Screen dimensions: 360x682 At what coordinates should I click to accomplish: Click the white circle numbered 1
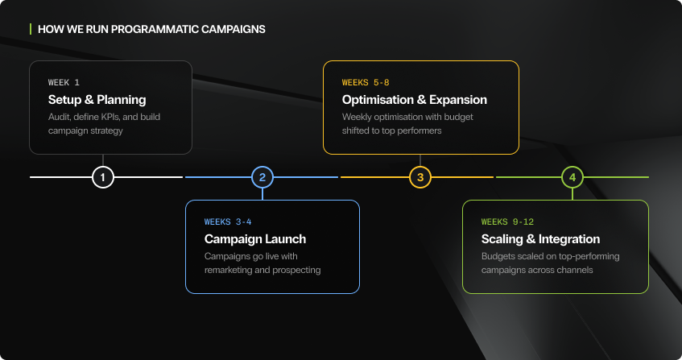pyautogui.click(x=102, y=177)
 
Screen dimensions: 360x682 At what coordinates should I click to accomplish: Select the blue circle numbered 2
pyautogui.click(x=262, y=177)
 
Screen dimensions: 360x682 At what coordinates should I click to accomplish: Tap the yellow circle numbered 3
pyautogui.click(x=419, y=177)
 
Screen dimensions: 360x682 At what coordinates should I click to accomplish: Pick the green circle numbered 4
pyautogui.click(x=572, y=177)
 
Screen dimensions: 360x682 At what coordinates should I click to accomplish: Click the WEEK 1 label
pyautogui.click(x=64, y=83)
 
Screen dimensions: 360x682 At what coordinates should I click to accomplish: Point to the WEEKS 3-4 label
pyautogui.click(x=228, y=221)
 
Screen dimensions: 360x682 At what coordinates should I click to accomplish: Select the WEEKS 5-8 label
pyautogui.click(x=366, y=83)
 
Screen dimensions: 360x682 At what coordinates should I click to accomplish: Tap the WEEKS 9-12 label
pyautogui.click(x=508, y=221)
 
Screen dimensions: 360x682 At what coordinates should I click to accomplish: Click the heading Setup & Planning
pyautogui.click(x=97, y=100)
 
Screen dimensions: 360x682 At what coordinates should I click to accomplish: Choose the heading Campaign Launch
pyautogui.click(x=255, y=239)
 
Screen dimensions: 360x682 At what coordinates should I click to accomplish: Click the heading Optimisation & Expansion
pyautogui.click(x=414, y=100)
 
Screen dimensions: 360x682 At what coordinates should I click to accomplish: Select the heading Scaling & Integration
pyautogui.click(x=540, y=239)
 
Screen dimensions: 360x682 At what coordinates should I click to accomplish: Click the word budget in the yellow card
pyautogui.click(x=456, y=117)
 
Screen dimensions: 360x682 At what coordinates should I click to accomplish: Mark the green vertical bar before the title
pyautogui.click(x=31, y=29)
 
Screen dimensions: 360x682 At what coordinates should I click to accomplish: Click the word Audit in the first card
pyautogui.click(x=60, y=117)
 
